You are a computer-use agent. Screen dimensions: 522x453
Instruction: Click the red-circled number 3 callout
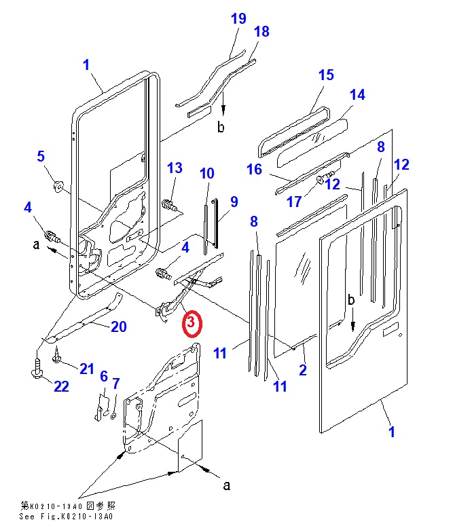pos(192,323)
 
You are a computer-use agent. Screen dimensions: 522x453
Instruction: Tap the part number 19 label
pos(238,18)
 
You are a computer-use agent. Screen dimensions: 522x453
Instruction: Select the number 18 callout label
pos(261,32)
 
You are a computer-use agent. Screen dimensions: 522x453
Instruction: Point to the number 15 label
pos(326,75)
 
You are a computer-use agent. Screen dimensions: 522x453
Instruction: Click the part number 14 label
pos(357,95)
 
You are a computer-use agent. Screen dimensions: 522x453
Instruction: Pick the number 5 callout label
pos(41,157)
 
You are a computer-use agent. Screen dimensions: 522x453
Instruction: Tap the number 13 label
pos(175,168)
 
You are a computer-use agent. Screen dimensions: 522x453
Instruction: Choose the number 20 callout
pos(118,327)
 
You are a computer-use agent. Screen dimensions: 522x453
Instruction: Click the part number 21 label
pos(86,369)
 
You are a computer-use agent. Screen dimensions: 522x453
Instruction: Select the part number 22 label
pos(61,386)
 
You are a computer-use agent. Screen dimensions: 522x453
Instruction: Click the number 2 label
pos(303,371)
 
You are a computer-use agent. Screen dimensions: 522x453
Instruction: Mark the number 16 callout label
pos(254,169)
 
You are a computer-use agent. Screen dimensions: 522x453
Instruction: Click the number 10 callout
pos(206,174)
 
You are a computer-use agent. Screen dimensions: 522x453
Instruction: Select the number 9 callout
pos(234,202)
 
